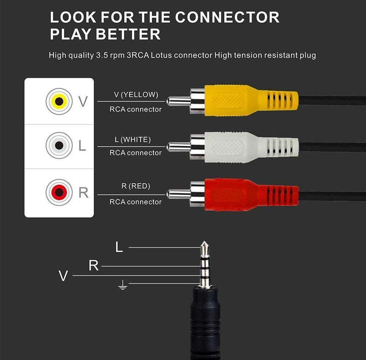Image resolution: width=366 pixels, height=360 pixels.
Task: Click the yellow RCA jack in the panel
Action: click(59, 100)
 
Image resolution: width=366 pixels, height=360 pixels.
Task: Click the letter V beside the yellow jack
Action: click(83, 101)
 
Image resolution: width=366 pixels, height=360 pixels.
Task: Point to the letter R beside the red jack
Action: click(83, 193)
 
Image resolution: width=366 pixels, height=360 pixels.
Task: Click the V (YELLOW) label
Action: click(136, 95)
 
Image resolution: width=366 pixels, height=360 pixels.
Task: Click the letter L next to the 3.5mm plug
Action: click(119, 247)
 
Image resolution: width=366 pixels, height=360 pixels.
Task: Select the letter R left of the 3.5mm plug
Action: click(93, 265)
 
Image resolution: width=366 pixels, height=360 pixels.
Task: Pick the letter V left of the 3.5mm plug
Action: click(63, 276)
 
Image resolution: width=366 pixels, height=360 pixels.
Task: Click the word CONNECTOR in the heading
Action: click(227, 17)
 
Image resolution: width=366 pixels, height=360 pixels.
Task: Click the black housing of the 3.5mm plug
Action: click(205, 320)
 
